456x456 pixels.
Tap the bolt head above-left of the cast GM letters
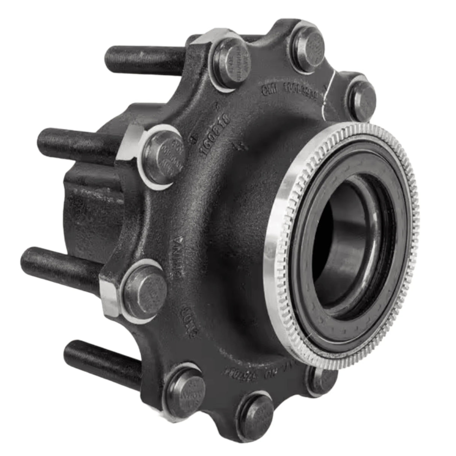tap(230, 62)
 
